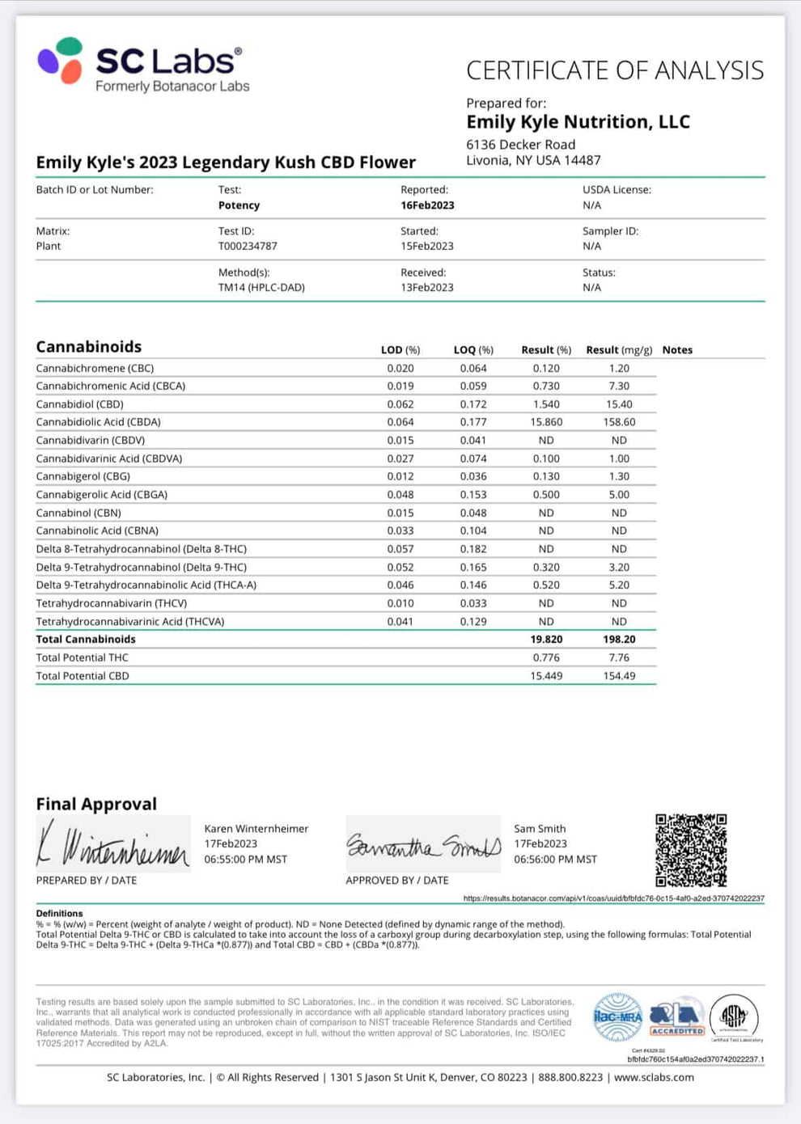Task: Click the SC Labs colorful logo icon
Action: click(60, 61)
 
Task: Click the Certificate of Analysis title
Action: click(614, 71)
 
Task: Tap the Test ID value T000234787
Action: click(248, 246)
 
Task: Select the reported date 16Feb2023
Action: click(427, 205)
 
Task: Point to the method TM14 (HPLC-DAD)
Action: click(261, 287)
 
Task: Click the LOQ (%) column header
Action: click(473, 350)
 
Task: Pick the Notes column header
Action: click(677, 350)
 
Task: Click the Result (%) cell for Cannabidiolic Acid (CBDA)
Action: click(546, 422)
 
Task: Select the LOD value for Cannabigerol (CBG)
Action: click(400, 476)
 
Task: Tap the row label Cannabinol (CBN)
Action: click(78, 513)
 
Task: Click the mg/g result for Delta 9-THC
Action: click(619, 568)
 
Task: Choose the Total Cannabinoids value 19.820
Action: click(546, 640)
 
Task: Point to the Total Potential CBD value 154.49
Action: click(619, 676)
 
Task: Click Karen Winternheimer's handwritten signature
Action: click(112, 844)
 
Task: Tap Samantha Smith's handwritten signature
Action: click(423, 846)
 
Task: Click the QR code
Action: click(691, 850)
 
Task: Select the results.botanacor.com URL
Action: click(613, 898)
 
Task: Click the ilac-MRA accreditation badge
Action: click(617, 1016)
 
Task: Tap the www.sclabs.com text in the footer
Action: click(654, 1077)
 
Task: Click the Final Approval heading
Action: click(96, 804)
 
